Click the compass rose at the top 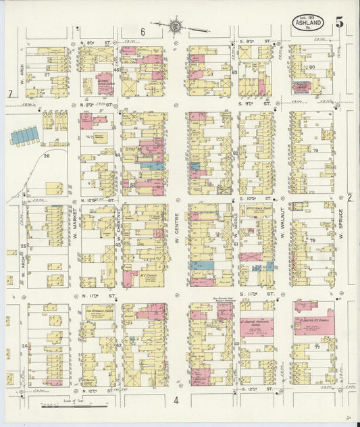click(176, 26)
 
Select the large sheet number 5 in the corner click(339, 21)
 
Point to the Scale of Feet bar click(74, 406)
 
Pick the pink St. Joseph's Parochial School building click(256, 324)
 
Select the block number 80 click(312, 68)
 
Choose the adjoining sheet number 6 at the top click(143, 32)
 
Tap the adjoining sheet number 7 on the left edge click(10, 93)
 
